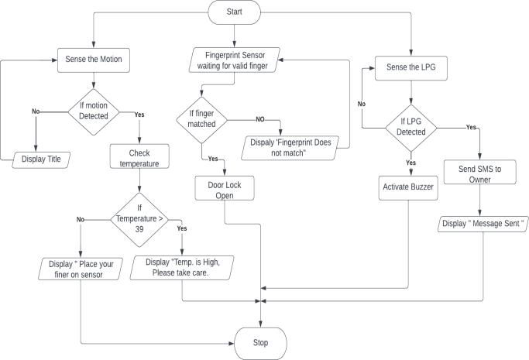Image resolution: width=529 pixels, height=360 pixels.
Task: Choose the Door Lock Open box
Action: tap(225, 190)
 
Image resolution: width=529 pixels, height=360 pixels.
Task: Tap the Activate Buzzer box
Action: tap(408, 187)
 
